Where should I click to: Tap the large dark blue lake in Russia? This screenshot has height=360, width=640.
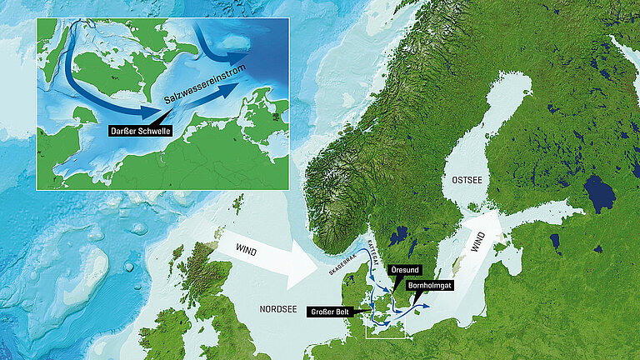coord(598,193)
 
